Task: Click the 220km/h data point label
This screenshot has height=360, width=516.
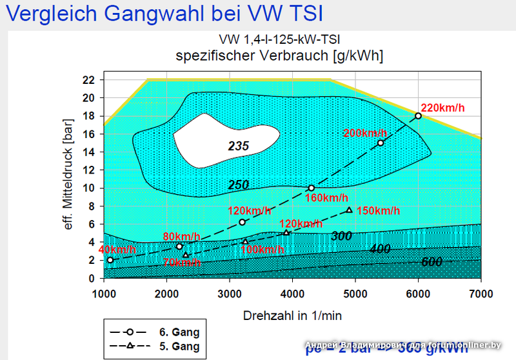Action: (443, 108)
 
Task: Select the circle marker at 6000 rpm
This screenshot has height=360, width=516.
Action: (418, 116)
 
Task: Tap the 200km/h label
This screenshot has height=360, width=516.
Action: (365, 133)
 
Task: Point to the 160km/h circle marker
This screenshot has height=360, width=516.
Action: (311, 188)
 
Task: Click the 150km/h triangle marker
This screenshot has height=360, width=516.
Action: (349, 210)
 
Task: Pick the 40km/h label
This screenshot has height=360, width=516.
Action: (117, 250)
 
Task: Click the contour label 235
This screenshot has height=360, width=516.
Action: (239, 146)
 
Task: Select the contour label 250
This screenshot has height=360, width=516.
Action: (239, 185)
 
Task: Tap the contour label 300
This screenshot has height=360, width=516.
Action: (341, 236)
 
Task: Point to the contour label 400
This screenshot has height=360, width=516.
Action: (381, 249)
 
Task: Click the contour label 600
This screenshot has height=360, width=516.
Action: (432, 262)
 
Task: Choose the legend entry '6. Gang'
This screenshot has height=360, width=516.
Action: (179, 332)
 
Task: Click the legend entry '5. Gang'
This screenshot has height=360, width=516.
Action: (179, 346)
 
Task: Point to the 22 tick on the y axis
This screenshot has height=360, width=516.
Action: (88, 80)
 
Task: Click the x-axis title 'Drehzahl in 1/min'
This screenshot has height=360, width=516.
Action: (292, 315)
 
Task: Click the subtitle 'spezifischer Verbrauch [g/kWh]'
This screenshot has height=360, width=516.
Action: (279, 55)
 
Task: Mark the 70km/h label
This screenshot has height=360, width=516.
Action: (181, 262)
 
